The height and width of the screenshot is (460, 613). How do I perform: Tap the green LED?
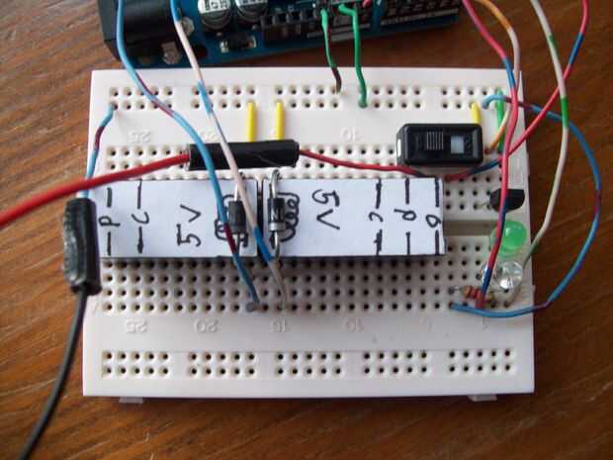point(509,238)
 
